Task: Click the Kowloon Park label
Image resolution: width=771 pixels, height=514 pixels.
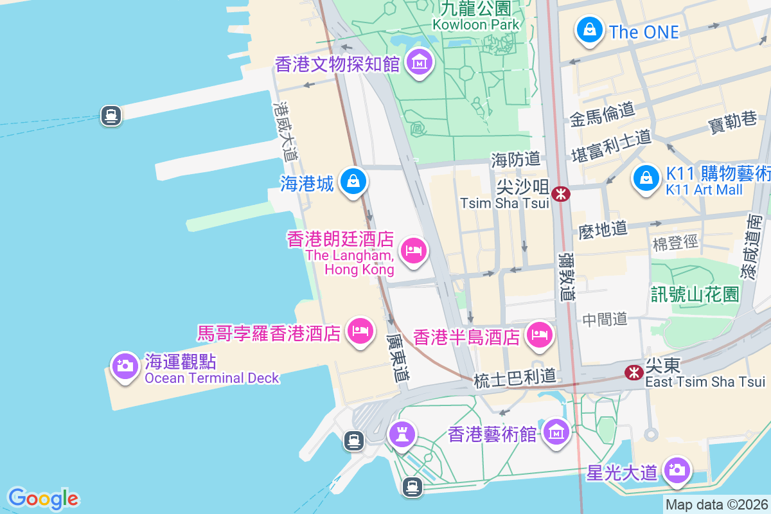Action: [475, 24]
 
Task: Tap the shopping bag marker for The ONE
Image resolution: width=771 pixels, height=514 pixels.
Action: [589, 30]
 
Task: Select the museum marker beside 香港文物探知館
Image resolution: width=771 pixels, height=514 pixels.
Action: [420, 62]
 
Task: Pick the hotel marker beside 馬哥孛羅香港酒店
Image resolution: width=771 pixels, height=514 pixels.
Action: [360, 331]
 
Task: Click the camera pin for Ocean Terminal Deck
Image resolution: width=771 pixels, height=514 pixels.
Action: [125, 366]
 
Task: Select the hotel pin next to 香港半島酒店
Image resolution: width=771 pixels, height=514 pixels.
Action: [539, 334]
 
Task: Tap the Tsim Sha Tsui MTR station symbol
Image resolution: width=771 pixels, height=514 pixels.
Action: [561, 193]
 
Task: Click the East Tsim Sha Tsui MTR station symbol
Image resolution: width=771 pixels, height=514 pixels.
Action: [634, 372]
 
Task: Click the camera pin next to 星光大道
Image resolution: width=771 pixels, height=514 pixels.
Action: [676, 470]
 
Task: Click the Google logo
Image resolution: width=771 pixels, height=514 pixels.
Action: [44, 499]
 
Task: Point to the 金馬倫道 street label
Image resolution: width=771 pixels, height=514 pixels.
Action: [601, 114]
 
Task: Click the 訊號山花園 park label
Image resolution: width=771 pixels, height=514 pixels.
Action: [695, 295]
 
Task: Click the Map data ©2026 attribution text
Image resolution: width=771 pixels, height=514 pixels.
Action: [716, 505]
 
